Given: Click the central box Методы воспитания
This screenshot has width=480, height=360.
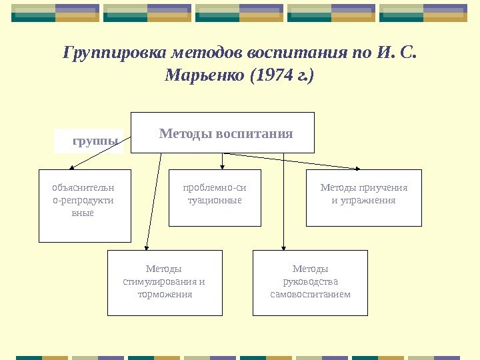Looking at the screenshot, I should [223, 133].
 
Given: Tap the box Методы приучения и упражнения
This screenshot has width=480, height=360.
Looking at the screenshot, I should [363, 198].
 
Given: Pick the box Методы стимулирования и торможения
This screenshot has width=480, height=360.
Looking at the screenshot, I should [165, 283].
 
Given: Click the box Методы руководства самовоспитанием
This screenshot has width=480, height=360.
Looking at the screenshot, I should [310, 283].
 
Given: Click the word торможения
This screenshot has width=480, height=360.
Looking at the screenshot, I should [165, 294].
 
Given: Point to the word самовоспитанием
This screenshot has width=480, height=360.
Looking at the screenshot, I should [310, 294].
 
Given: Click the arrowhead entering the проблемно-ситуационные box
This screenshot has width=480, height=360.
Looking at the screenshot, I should [222, 167].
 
